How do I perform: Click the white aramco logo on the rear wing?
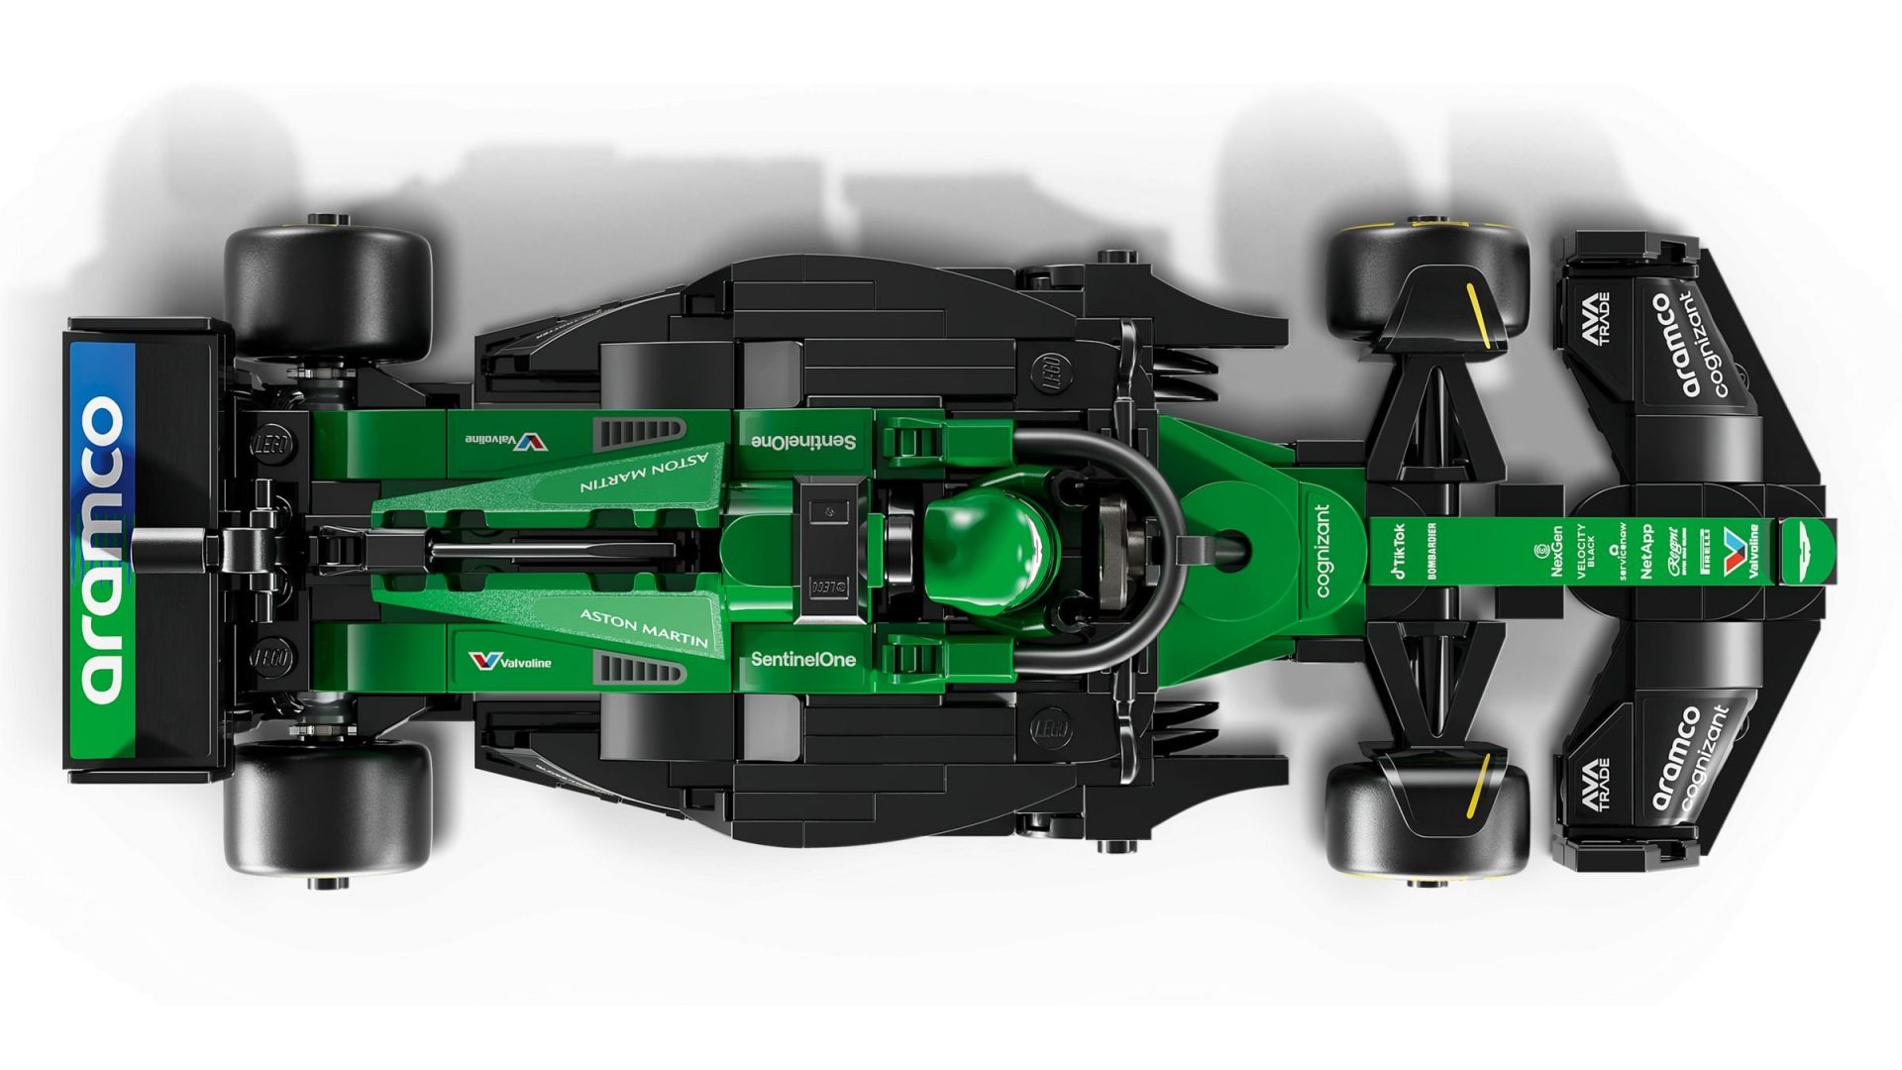point(102,550)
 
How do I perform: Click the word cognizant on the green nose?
point(1322,550)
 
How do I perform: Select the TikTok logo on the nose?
point(1399,551)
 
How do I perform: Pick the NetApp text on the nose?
point(1646,551)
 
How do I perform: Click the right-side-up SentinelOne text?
point(802,659)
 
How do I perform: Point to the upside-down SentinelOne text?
point(802,441)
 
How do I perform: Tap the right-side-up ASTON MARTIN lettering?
point(644,627)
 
